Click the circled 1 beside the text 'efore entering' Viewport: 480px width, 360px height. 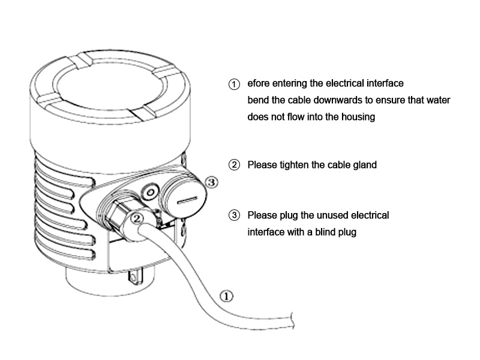coord(235,84)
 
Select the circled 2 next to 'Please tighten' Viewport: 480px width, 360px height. coord(235,165)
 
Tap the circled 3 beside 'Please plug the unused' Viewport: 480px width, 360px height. coord(235,216)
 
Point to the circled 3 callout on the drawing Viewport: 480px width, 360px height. coord(211,180)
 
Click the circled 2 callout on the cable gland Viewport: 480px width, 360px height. coord(137,218)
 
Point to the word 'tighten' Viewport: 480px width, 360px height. coord(294,165)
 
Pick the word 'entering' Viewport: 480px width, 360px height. coord(301,83)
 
